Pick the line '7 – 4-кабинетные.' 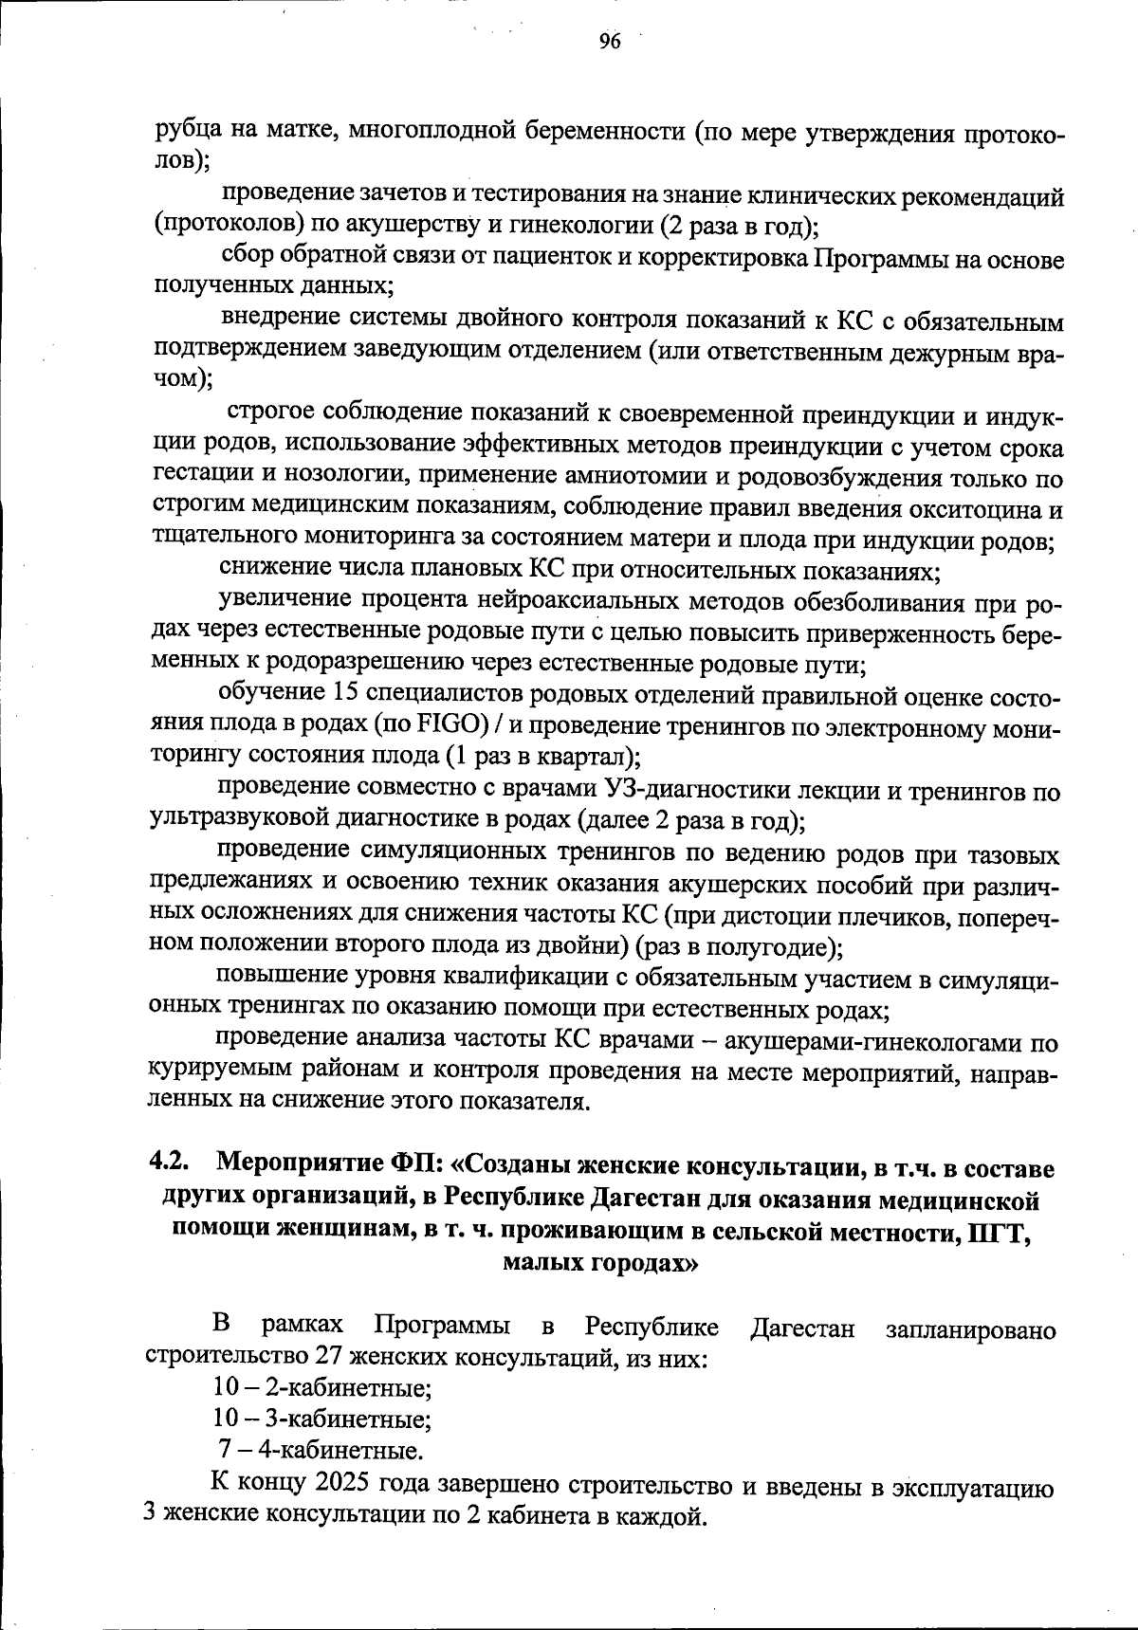click(x=321, y=1451)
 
